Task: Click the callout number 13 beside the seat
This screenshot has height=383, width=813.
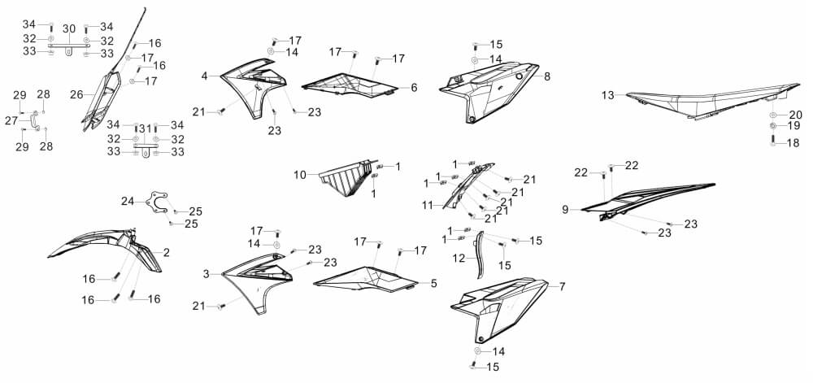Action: coord(607,95)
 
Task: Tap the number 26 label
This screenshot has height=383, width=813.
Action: coord(76,95)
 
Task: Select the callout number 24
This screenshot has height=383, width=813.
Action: coord(128,201)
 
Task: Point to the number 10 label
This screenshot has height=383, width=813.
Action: coord(300,175)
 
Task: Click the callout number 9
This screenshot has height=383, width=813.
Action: coord(565,209)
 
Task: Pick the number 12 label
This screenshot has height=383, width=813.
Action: coord(459,258)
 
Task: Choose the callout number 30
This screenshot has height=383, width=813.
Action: coord(69,29)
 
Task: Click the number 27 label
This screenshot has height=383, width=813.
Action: coord(11,121)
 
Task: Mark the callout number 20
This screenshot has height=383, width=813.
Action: coord(795,115)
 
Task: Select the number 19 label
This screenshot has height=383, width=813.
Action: coord(793,126)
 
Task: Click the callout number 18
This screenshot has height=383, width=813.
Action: coord(793,143)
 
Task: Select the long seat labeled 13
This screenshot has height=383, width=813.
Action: coord(714,101)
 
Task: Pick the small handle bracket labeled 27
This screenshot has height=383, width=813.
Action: coord(33,121)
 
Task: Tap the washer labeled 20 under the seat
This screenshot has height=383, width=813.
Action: coord(773,115)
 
